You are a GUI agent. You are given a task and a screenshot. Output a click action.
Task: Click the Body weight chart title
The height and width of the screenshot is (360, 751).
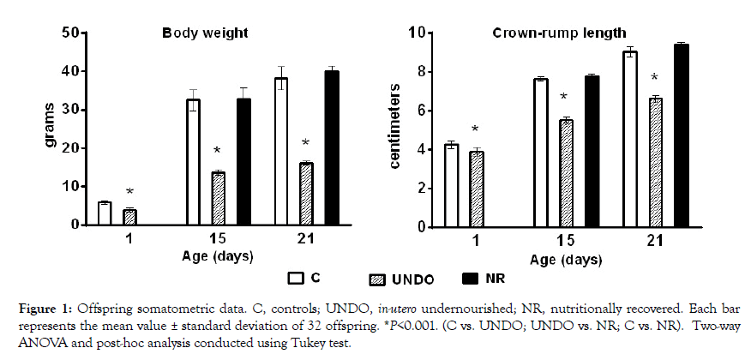pyautogui.click(x=206, y=34)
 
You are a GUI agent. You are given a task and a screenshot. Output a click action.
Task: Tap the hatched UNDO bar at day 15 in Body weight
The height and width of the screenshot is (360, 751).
pyautogui.click(x=218, y=198)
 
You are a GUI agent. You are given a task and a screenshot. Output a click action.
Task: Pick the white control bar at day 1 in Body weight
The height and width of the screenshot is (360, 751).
pyautogui.click(x=105, y=213)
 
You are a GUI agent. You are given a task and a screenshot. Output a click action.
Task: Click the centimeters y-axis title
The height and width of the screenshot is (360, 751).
pyautogui.click(x=396, y=129)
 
